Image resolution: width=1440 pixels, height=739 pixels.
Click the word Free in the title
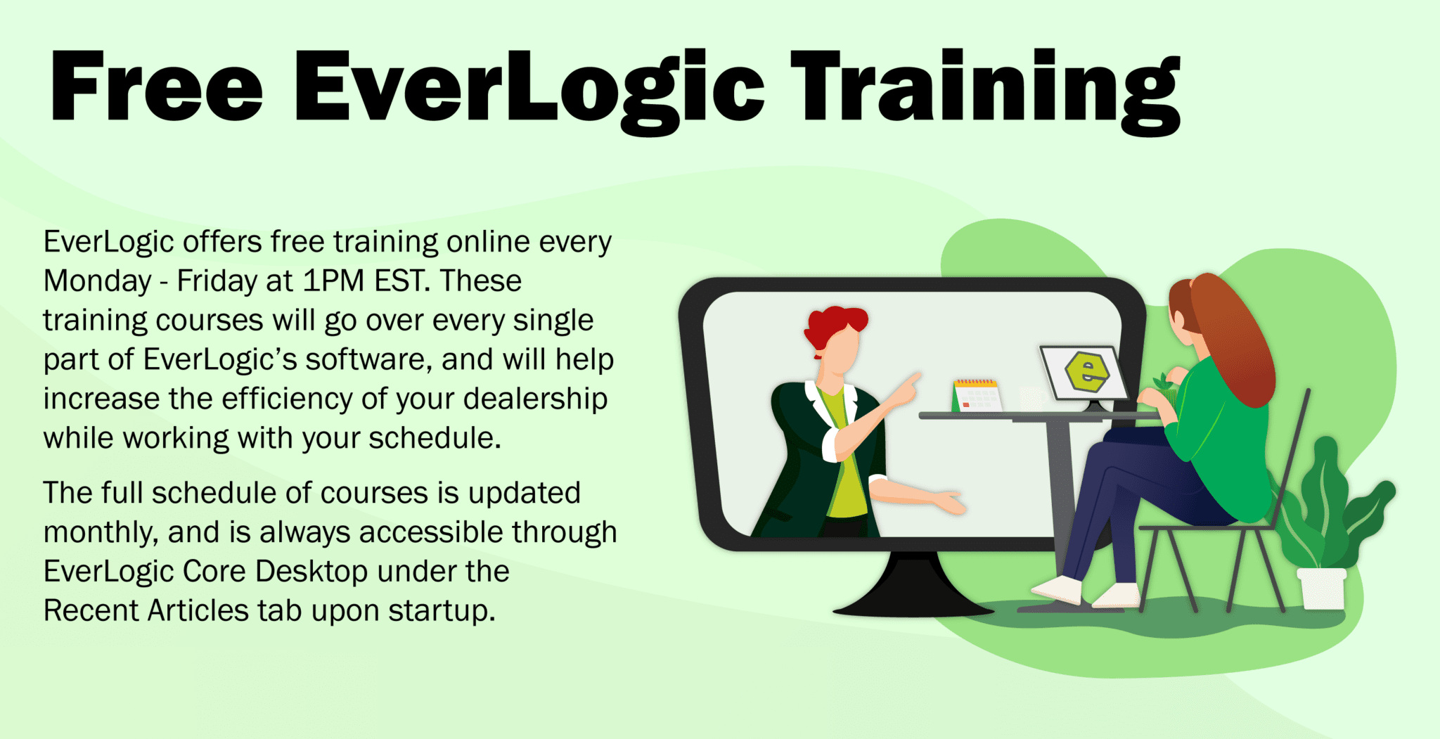tap(157, 87)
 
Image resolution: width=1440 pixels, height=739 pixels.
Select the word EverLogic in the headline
tap(529, 91)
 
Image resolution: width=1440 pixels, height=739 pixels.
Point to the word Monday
tap(97, 281)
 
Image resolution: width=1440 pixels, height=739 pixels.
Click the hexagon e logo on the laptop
tap(1086, 371)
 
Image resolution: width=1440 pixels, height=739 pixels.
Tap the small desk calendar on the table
tap(977, 394)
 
